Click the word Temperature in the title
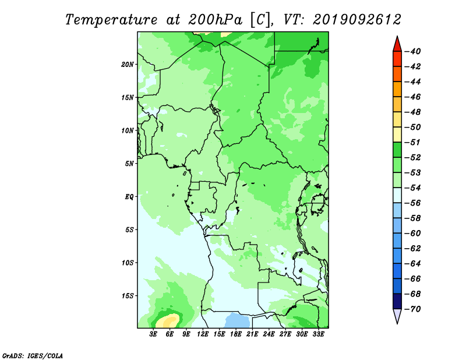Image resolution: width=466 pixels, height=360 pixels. coord(111,20)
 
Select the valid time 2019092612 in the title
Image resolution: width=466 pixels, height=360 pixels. coord(357,20)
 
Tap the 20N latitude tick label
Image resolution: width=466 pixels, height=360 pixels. coord(127,65)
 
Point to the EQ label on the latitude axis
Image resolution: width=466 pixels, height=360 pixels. coord(129,197)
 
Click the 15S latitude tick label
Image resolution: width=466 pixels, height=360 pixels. coord(127,296)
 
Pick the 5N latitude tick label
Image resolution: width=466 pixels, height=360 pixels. coord(129,164)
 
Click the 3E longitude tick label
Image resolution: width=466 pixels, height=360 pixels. coord(153,334)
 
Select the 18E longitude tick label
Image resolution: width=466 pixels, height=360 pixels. coord(236,334)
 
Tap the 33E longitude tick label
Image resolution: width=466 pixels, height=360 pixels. coord(318,334)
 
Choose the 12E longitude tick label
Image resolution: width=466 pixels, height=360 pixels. coord(203,334)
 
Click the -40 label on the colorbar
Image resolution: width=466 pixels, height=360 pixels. coord(413,51)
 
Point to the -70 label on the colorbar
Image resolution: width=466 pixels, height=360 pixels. coord(413,309)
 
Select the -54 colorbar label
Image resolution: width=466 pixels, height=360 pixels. coord(413,188)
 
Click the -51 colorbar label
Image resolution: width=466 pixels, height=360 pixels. coord(413,142)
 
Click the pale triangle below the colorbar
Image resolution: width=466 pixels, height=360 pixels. coord(397,315)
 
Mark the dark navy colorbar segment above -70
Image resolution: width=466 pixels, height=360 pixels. coord(397,301)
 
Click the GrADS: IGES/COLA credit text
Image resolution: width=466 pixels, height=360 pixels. coord(33,355)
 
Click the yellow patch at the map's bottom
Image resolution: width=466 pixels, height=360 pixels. coord(167,321)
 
